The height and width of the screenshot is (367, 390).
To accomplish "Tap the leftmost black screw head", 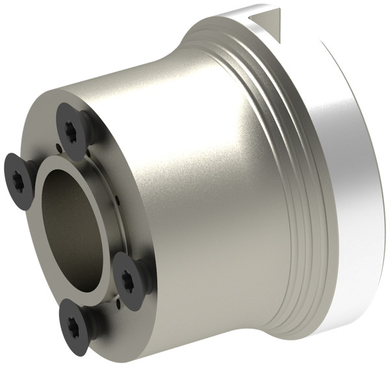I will (x=19, y=175).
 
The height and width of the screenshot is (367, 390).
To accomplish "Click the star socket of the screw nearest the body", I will (x=128, y=280).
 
